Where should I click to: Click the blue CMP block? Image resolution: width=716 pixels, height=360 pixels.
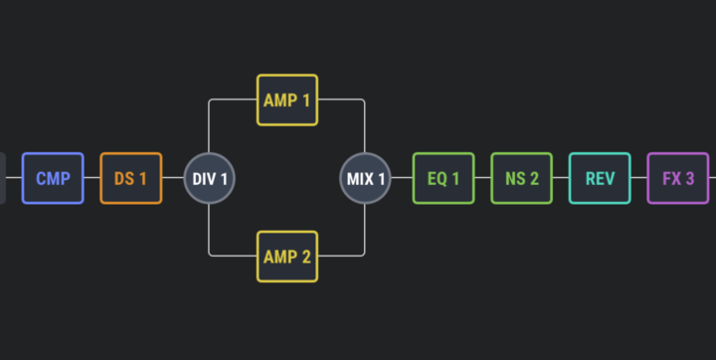pyautogui.click(x=53, y=178)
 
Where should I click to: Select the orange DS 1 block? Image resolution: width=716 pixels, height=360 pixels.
pyautogui.click(x=131, y=178)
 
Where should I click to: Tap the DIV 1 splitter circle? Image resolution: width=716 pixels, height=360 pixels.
pyautogui.click(x=209, y=178)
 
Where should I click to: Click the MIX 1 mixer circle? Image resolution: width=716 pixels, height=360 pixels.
pyautogui.click(x=365, y=178)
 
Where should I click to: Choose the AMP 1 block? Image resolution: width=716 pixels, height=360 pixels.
pyautogui.click(x=287, y=100)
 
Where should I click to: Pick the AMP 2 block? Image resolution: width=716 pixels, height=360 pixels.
pyautogui.click(x=287, y=257)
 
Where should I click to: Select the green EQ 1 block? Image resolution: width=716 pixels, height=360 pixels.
pyautogui.click(x=444, y=178)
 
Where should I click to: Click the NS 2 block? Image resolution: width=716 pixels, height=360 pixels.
pyautogui.click(x=521, y=178)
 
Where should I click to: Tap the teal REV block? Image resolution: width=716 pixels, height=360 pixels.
pyautogui.click(x=600, y=178)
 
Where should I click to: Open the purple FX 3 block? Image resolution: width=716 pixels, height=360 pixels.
pyautogui.click(x=678, y=178)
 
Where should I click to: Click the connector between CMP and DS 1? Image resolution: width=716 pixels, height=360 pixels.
pyautogui.click(x=92, y=178)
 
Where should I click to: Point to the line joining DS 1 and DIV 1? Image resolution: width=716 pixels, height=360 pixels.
pyautogui.click(x=173, y=178)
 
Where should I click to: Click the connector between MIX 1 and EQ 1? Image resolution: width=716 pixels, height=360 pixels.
pyautogui.click(x=402, y=178)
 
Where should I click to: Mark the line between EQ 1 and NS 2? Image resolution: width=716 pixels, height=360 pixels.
pyautogui.click(x=483, y=178)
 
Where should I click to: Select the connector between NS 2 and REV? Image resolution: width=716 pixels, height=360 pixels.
pyautogui.click(x=561, y=178)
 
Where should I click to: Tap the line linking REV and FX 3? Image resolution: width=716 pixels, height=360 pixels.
pyautogui.click(x=639, y=178)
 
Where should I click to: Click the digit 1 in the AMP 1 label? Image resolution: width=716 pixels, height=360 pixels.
pyautogui.click(x=306, y=100)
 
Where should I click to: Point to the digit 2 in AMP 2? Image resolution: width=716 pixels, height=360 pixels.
pyautogui.click(x=306, y=257)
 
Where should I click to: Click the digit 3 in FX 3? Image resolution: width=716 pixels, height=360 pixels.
pyautogui.click(x=689, y=178)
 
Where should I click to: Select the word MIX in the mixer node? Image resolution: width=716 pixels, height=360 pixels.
pyautogui.click(x=360, y=179)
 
